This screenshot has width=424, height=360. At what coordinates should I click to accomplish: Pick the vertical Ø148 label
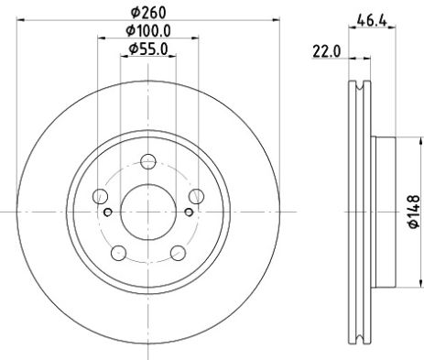point(413,212)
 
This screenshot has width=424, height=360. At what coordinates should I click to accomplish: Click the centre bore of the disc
point(147,212)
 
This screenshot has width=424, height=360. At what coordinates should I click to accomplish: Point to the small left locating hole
point(108,213)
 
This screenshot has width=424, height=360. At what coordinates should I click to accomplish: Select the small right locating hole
point(188,213)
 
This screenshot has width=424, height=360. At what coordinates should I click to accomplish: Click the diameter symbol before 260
point(134,13)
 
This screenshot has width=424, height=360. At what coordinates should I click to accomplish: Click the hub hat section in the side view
point(385,212)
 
